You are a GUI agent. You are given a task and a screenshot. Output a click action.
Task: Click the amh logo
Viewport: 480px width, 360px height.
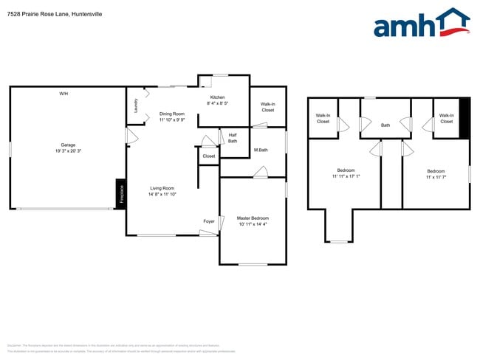pos(422,24)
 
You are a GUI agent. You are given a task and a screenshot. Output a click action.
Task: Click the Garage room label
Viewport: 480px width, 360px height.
pos(68,145)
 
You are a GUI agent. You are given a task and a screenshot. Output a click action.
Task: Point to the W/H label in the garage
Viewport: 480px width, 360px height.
pos(64,94)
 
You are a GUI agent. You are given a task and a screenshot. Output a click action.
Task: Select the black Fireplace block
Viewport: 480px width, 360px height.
pos(120,195)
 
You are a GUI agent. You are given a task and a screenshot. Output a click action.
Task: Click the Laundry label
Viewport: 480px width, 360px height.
pos(136,105)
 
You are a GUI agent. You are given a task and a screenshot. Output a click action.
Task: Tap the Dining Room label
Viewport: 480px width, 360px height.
pos(172,114)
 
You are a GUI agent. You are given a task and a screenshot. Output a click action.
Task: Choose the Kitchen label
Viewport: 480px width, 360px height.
pos(217,98)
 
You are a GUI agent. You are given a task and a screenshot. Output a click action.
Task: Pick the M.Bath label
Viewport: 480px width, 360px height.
pos(260,150)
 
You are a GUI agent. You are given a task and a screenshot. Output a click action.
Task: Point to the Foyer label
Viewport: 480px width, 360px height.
pos(209,221)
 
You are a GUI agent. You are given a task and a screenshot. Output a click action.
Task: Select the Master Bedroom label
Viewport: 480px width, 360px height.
pos(253,218)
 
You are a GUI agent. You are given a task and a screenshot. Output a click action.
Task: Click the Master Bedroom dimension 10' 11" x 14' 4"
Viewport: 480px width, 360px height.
pos(253,224)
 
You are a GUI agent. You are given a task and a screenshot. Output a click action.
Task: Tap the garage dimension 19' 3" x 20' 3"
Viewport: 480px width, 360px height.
pos(68,150)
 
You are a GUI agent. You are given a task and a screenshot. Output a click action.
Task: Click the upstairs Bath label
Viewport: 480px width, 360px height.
pos(385,125)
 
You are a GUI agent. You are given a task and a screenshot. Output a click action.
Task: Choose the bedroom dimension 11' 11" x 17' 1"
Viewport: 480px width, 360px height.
pos(346,176)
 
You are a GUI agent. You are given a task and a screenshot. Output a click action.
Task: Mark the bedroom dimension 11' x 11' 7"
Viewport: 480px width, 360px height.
pos(436,177)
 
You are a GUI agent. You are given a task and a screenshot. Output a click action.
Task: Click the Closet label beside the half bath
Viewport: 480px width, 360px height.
pos(209,156)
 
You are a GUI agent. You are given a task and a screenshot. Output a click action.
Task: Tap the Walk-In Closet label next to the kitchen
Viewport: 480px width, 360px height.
pos(268,107)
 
